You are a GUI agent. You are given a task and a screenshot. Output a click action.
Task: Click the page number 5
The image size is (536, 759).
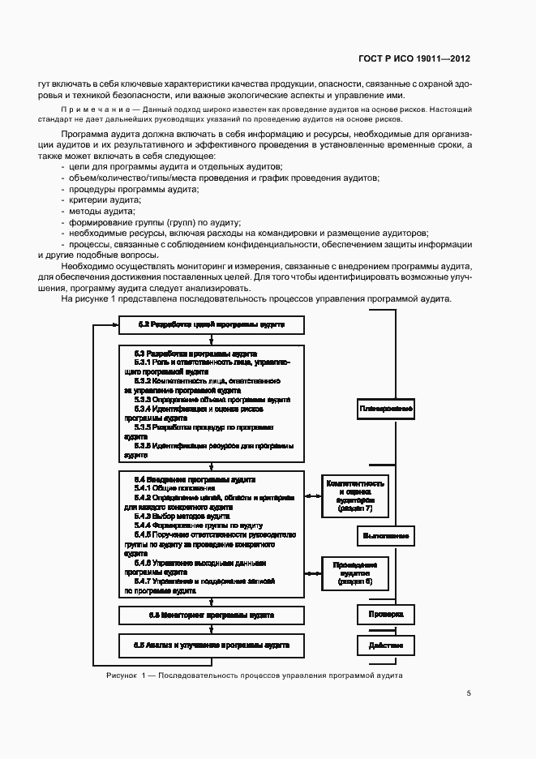click(x=469, y=693)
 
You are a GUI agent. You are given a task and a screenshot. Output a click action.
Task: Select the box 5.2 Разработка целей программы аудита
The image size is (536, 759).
click(x=211, y=325)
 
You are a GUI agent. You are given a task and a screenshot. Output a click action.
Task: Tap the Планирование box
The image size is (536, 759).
click(x=386, y=408)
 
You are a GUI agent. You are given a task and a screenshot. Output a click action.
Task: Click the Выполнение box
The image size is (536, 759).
click(x=386, y=535)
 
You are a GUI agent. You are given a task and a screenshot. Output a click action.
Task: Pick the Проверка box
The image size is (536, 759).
click(x=386, y=614)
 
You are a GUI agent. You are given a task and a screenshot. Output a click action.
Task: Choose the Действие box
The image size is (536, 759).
click(x=386, y=645)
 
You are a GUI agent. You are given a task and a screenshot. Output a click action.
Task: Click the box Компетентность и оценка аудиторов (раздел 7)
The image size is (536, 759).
click(x=354, y=495)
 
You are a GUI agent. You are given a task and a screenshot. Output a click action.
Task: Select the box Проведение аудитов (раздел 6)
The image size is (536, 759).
click(x=354, y=572)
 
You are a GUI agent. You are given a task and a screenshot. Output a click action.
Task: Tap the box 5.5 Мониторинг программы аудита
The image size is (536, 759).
click(x=211, y=615)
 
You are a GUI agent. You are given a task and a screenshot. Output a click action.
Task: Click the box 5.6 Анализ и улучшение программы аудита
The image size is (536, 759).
click(x=211, y=645)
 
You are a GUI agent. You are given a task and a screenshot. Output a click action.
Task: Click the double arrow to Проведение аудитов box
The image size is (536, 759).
click(x=312, y=572)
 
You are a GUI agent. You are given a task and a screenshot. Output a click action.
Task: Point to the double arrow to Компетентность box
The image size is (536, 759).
click(x=312, y=495)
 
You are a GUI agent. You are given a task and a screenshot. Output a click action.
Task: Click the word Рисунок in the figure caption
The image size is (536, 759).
click(x=121, y=675)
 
